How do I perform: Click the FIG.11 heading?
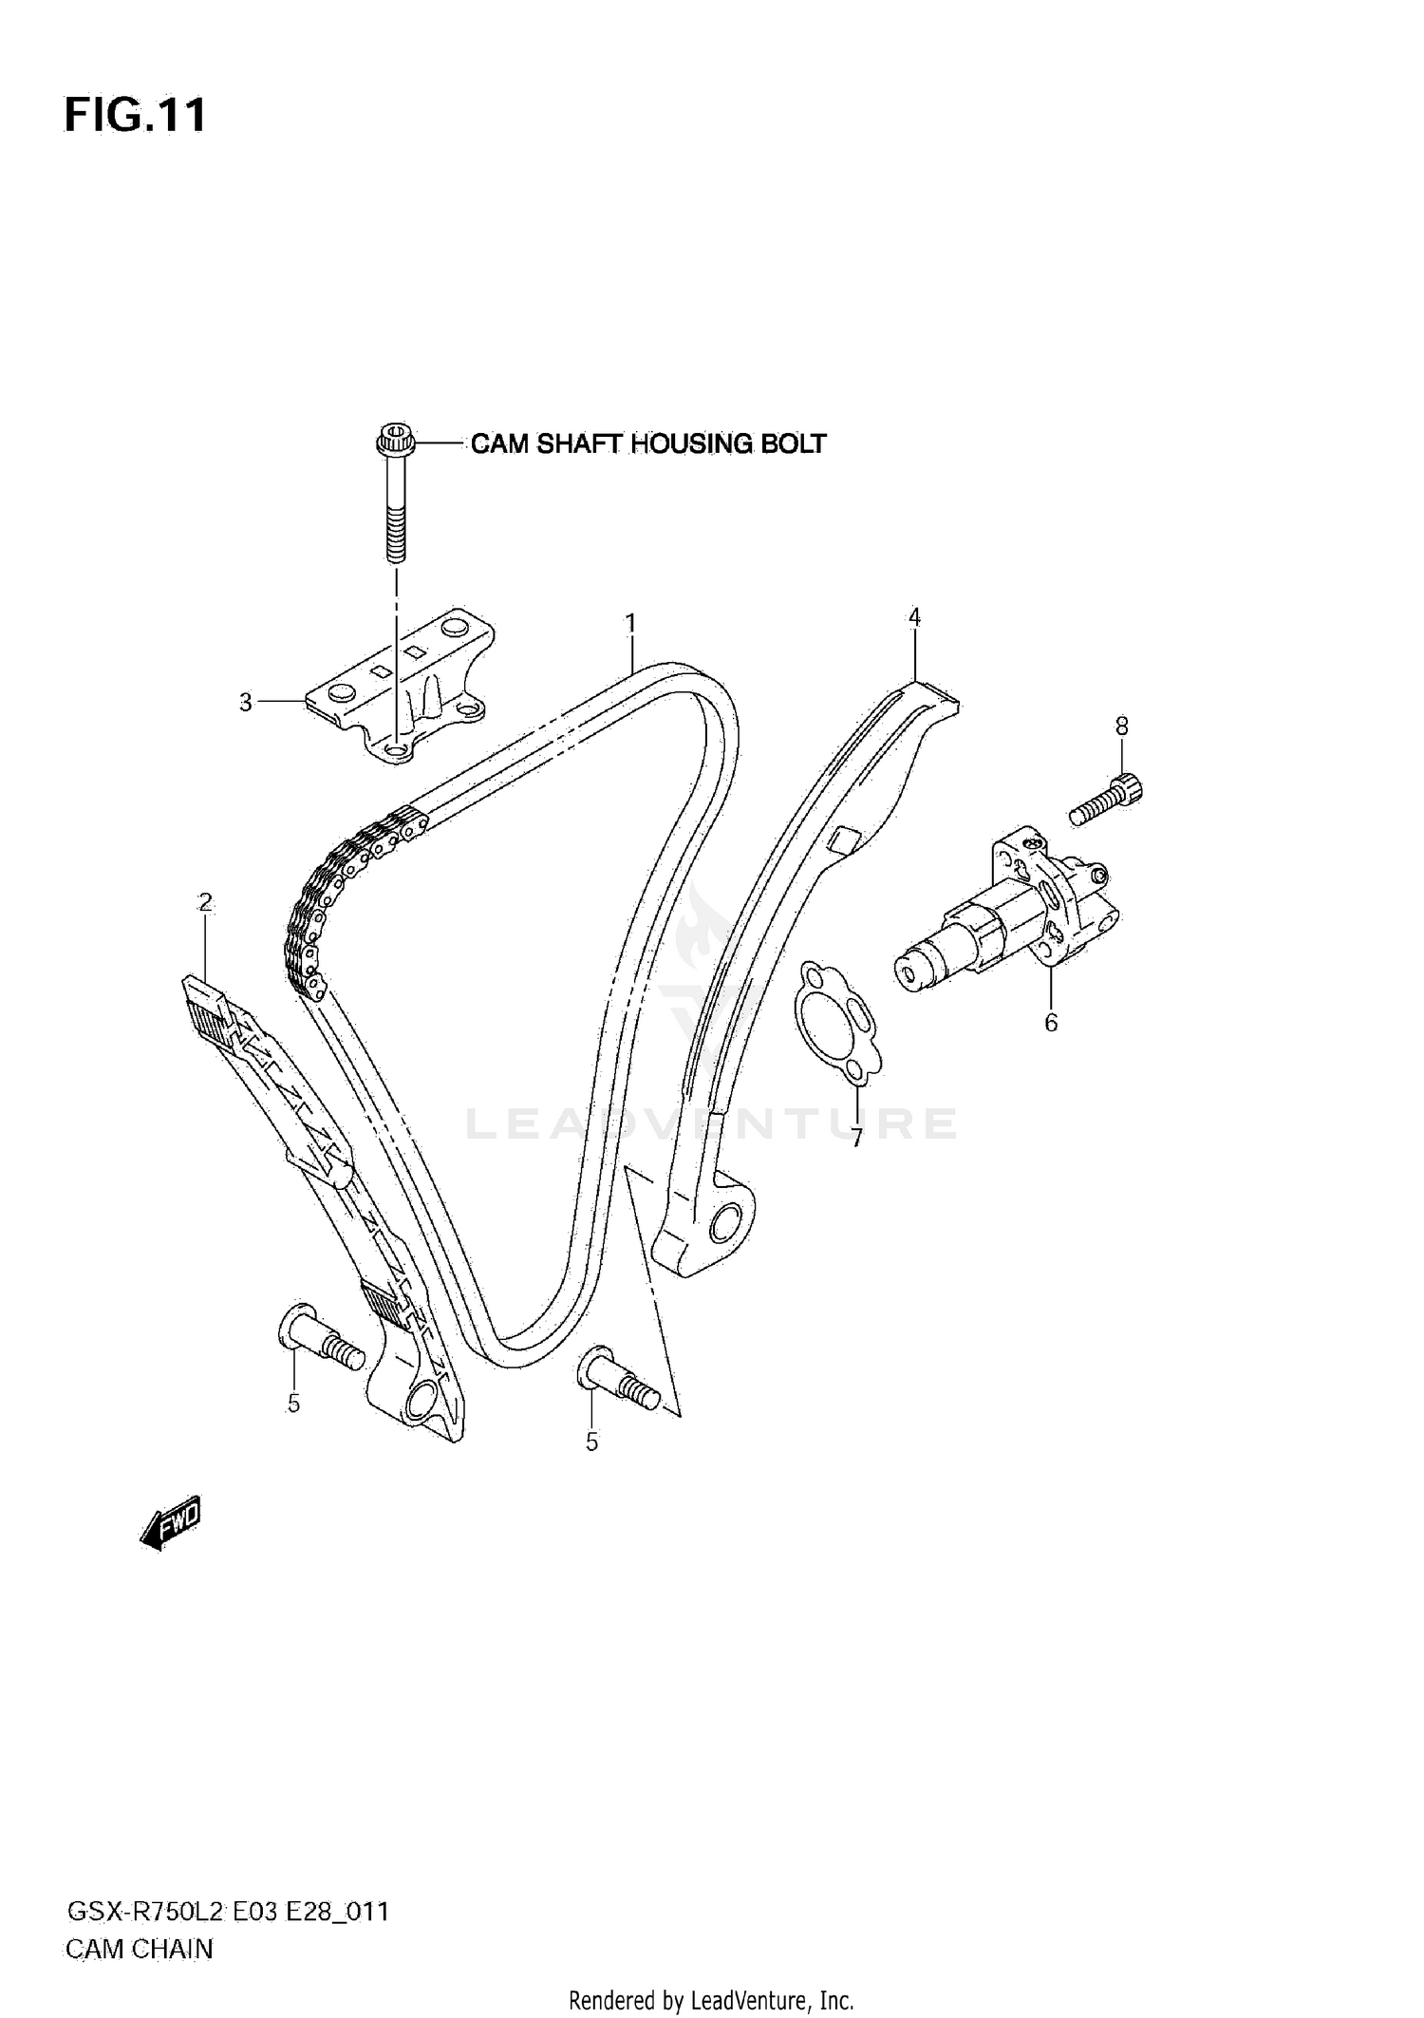135,116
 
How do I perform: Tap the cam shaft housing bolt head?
394,442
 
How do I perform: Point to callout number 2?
205,902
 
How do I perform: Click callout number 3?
246,704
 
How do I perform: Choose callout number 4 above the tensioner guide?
913,618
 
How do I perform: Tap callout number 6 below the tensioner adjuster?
1050,1023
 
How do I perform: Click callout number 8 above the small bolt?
1121,726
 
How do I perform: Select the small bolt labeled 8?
1107,800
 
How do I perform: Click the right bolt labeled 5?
617,1377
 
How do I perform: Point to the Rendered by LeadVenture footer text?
711,2001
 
